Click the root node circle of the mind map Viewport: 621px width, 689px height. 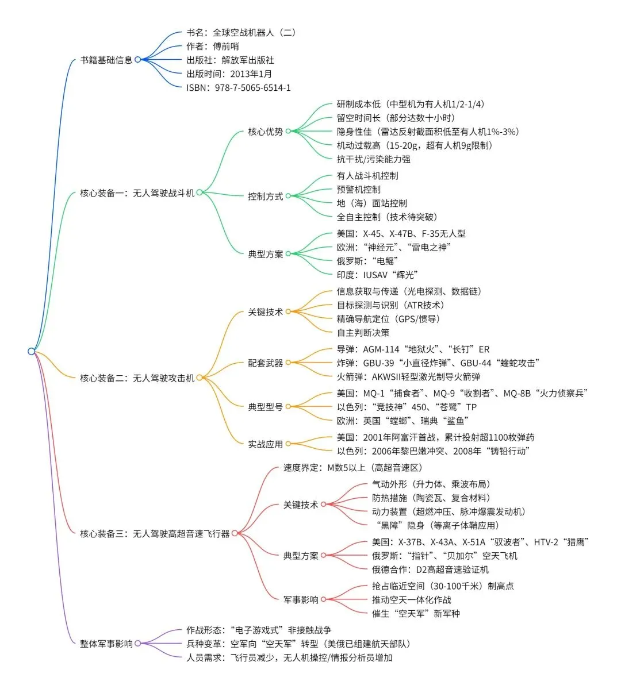pos(32,351)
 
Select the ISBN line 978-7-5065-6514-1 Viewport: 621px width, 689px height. pos(238,88)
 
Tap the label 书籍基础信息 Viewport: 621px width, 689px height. pos(106,60)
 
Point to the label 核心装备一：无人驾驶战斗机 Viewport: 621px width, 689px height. pos(137,193)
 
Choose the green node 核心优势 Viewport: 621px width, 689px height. pos(265,132)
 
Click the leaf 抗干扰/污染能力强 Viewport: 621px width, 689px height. pos(373,159)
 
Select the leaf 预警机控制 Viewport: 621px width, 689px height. pos(358,190)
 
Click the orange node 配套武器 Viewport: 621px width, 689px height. pos(265,363)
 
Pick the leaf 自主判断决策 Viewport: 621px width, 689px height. pos(363,333)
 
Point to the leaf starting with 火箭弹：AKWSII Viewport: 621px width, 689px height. pos(408,377)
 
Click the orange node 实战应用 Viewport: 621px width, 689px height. pos(265,444)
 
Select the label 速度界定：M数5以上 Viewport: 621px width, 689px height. pos(352,468)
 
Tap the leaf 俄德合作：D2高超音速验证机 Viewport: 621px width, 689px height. pos(430,569)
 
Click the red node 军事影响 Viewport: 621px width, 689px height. pos(301,600)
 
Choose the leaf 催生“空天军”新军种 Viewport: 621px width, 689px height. pos(416,614)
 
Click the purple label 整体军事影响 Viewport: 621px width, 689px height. pos(106,644)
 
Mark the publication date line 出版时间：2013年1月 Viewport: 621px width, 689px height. pos(229,74)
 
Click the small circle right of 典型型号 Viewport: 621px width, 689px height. pos(288,407)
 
